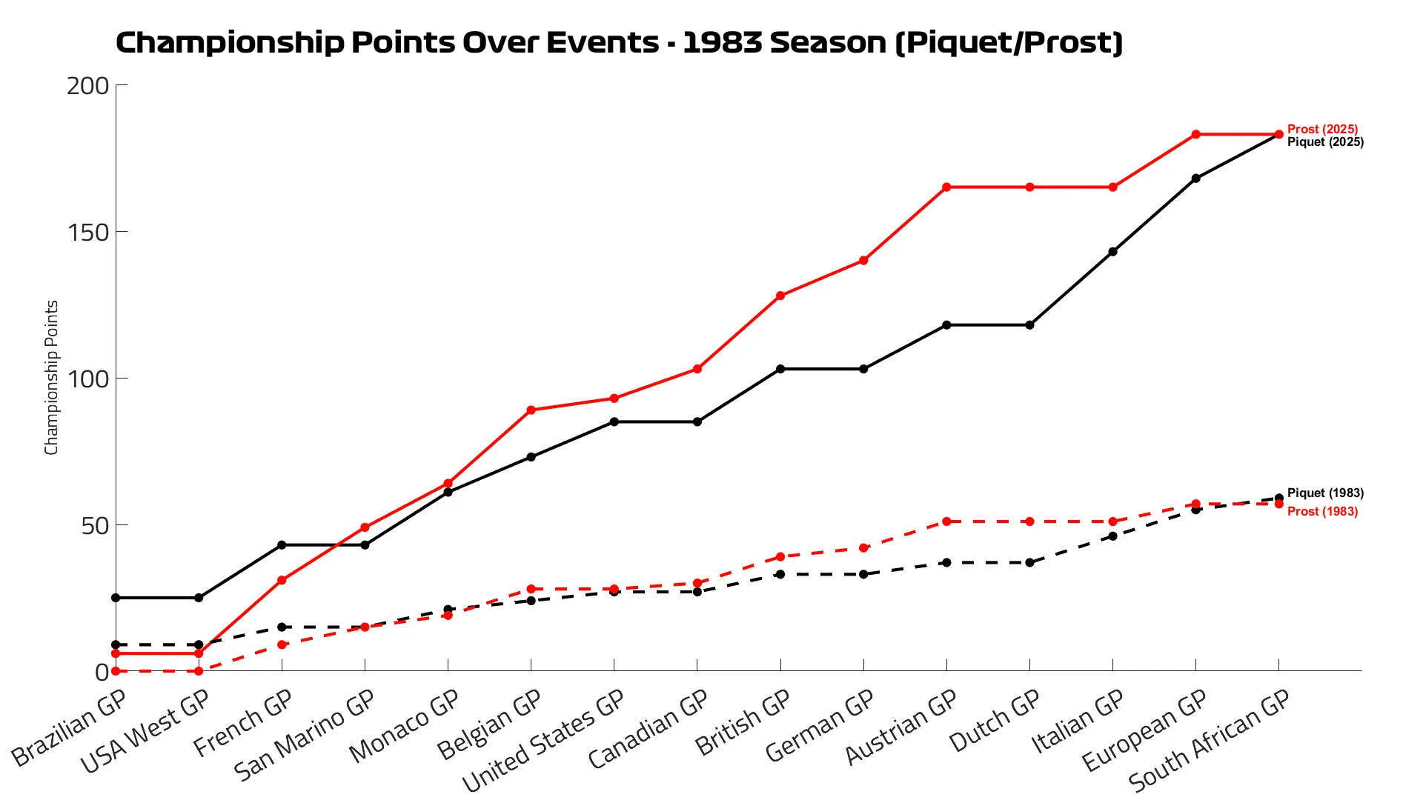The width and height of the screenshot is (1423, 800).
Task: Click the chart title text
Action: click(619, 43)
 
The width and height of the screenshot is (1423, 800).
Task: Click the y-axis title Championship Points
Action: click(51, 378)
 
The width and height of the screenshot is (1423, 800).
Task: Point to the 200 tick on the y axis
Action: click(87, 86)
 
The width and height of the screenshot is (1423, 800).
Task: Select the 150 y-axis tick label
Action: click(87, 233)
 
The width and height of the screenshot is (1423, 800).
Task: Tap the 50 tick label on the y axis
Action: click(95, 526)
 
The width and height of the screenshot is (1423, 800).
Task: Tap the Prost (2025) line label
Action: click(1322, 129)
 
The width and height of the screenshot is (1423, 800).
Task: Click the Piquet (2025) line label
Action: click(1325, 142)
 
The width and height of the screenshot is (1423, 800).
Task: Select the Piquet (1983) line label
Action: click(1325, 493)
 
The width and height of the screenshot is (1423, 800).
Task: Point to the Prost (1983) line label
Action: click(1322, 512)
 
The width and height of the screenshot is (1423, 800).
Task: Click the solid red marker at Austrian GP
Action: click(946, 187)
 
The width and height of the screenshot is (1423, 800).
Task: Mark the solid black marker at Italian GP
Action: click(1112, 252)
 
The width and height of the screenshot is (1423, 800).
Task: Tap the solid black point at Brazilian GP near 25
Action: click(116, 598)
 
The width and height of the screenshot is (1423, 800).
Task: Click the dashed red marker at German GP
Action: click(863, 548)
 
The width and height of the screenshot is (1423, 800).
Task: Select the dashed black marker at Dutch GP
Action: click(1029, 563)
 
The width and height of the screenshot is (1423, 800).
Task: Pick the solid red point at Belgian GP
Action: click(531, 410)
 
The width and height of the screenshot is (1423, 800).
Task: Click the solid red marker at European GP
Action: click(1195, 135)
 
